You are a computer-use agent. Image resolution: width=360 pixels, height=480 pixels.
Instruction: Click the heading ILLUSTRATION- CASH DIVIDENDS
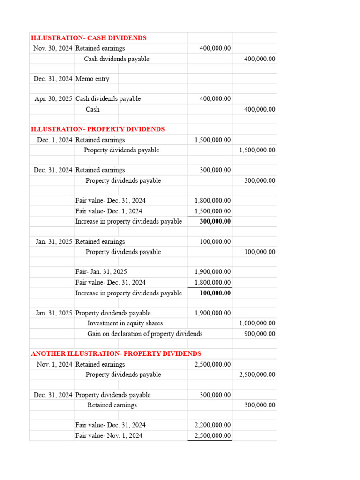coord(89,38)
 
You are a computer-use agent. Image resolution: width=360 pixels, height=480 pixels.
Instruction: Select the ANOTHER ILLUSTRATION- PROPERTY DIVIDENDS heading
coord(116,354)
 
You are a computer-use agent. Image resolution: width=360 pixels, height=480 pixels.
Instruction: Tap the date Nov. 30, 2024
coord(52,48)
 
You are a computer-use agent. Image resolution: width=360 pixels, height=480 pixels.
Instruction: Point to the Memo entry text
coord(92,79)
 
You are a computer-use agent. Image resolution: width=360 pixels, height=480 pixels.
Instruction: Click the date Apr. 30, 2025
coord(53,99)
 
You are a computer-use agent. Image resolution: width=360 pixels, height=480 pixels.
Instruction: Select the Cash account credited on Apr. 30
coord(92,109)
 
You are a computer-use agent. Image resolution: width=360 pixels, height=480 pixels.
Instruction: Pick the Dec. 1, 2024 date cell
coord(54,140)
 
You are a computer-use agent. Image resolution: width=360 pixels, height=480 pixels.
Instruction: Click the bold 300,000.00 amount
coord(215,221)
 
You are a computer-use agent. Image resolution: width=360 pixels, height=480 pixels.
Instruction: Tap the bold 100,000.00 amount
coord(215,293)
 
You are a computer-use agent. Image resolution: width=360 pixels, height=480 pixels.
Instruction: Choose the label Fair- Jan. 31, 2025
coord(101,272)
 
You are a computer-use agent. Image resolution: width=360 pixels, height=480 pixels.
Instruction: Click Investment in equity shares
coord(125,323)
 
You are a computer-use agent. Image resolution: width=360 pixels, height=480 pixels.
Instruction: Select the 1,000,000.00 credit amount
coord(257,323)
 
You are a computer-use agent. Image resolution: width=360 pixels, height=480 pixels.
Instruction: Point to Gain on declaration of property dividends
coord(145,334)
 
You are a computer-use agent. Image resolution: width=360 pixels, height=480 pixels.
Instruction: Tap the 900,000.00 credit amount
coord(260,334)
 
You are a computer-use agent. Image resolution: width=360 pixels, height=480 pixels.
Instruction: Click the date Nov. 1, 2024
coord(54,364)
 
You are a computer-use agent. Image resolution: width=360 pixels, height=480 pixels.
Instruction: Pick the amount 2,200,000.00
coord(212,425)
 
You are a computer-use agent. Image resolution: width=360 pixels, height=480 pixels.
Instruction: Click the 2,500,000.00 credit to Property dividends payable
coord(257,375)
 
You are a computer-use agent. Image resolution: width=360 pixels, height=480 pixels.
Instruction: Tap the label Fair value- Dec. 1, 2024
coord(109,211)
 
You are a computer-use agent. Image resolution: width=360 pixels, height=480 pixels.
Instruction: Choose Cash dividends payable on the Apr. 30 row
coord(108,99)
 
